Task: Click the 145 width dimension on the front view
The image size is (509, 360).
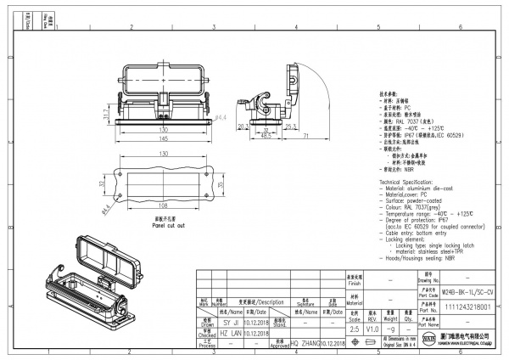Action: pos(161,138)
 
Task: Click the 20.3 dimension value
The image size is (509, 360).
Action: pos(242,127)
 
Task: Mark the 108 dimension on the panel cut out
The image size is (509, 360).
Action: pos(161,205)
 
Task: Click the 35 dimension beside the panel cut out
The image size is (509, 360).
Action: pos(219,183)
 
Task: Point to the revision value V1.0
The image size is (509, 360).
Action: pos(372,327)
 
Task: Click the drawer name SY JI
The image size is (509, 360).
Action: pos(231,323)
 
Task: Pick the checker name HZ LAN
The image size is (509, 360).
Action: pos(231,333)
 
